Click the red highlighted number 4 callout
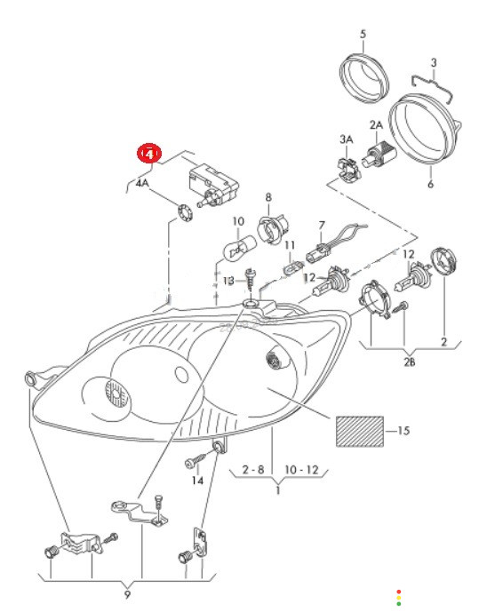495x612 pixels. (x=148, y=154)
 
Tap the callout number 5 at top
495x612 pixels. (x=363, y=34)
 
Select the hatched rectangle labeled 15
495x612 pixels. (x=360, y=431)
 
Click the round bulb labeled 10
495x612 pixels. (x=239, y=246)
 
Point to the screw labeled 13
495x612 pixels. (x=249, y=279)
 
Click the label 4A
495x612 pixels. (x=142, y=183)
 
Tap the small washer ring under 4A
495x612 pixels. (x=185, y=214)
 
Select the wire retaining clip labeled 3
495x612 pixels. (x=433, y=87)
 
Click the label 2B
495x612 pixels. (x=409, y=362)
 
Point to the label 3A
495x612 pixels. (x=347, y=139)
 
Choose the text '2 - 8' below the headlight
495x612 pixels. (x=253, y=469)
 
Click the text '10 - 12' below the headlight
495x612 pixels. (x=301, y=469)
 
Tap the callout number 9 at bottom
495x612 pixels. (x=127, y=594)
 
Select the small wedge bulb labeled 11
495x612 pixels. (x=292, y=268)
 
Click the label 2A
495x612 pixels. (x=376, y=125)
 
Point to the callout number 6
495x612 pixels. (x=431, y=184)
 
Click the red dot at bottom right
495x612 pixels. (x=398, y=592)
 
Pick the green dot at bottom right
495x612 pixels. (x=398, y=604)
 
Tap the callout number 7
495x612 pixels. (x=322, y=226)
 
